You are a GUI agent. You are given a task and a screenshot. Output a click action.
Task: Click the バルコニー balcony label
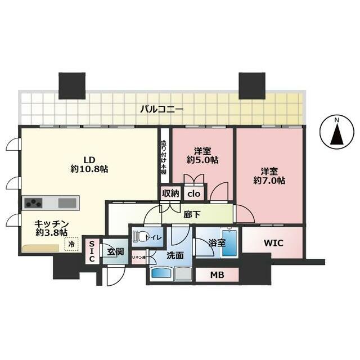(x=161, y=109)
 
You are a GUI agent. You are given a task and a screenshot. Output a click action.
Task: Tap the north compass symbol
(x=336, y=133)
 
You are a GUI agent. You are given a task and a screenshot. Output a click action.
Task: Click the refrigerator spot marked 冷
(x=71, y=245)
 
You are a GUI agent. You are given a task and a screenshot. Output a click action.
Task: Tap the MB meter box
(x=217, y=275)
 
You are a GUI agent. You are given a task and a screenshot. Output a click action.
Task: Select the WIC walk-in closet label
(x=273, y=243)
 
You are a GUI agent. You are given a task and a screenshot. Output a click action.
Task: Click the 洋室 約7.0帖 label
(x=268, y=175)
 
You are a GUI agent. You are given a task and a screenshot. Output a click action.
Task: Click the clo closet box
(x=193, y=193)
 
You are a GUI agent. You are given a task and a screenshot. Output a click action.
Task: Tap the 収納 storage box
(x=170, y=193)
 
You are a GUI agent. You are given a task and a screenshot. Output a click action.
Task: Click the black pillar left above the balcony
(x=71, y=85)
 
